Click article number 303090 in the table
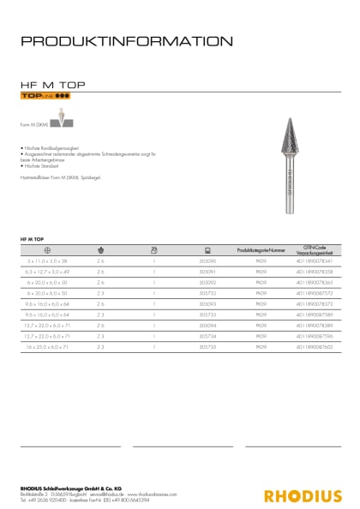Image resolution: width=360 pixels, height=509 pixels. [207, 260]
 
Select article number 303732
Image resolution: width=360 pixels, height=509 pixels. [207, 293]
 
